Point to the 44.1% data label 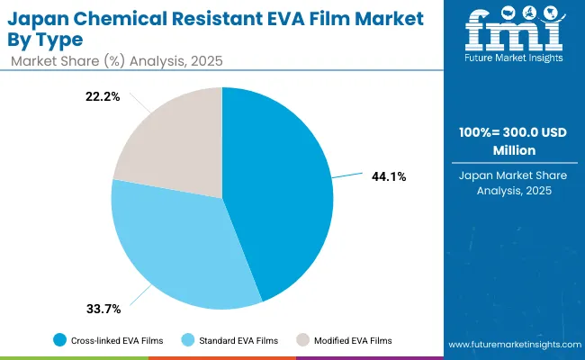click(389, 177)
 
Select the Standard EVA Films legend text click(237, 339)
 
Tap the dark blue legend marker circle click(59, 339)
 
